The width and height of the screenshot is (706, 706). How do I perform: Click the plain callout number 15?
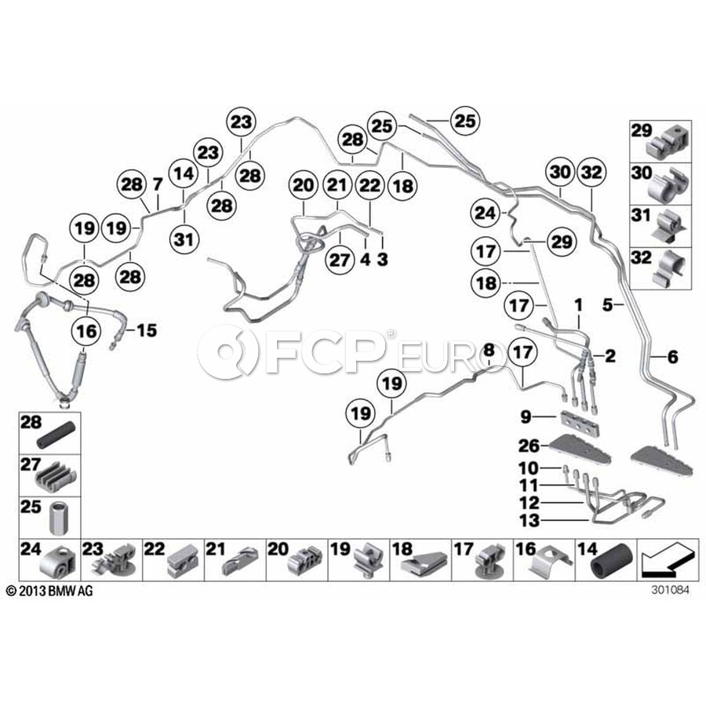[x=147, y=330]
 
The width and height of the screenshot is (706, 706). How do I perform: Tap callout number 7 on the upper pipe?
[x=157, y=184]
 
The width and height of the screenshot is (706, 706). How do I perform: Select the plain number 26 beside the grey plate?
[x=529, y=446]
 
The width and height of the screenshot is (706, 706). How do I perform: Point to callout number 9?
[x=526, y=417]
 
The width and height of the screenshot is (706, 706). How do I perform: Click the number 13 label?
[x=529, y=521]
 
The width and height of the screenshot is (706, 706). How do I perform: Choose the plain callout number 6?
[x=672, y=357]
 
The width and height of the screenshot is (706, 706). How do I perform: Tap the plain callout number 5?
[x=608, y=305]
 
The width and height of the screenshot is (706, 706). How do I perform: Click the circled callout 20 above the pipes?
[x=303, y=184]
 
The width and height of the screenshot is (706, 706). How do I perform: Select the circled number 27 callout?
[x=340, y=260]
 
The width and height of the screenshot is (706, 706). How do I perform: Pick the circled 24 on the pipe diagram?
[x=486, y=213]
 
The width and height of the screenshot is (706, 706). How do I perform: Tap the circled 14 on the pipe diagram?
[x=184, y=174]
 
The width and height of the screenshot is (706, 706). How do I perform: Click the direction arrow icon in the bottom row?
[x=666, y=560]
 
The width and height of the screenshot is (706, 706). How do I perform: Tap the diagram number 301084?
[x=670, y=590]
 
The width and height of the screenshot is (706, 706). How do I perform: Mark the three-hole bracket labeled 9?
[x=580, y=424]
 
